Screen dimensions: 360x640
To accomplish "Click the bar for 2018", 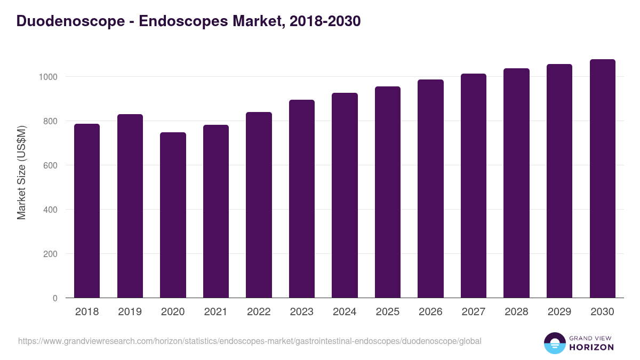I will [87, 211].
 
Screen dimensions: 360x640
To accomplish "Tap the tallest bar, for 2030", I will [602, 179].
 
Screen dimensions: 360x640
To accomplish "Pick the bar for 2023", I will [302, 199].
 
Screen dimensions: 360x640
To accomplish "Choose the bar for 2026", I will [430, 189].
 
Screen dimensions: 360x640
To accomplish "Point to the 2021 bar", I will [216, 211].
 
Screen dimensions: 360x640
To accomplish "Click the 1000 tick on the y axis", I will [48, 77].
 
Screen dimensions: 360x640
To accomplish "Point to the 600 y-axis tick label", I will [50, 165].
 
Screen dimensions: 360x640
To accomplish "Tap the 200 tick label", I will [50, 254].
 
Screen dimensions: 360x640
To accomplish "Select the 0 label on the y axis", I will [55, 298].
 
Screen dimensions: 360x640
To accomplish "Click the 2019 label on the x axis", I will [130, 312].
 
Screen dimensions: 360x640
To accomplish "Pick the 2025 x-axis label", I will [387, 312].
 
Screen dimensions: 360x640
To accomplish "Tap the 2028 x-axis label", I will [516, 312].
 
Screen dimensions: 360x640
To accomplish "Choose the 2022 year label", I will [259, 312].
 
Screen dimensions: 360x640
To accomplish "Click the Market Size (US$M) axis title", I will [21, 172].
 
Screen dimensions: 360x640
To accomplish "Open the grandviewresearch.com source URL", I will [250, 341].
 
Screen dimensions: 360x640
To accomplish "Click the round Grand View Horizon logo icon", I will [554, 343].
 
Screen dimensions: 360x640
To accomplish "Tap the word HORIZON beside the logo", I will [591, 347].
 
